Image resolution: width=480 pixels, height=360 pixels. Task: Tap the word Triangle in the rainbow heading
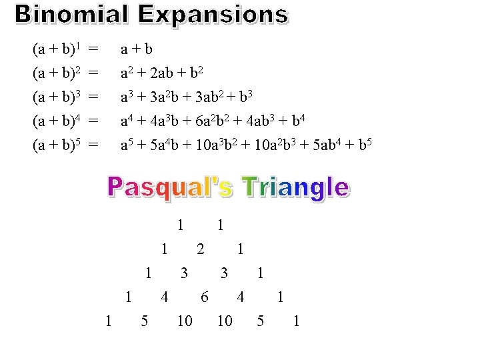(x=295, y=187)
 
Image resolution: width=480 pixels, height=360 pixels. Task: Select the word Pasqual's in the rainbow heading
(x=170, y=187)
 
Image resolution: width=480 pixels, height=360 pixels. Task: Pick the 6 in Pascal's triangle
(x=205, y=297)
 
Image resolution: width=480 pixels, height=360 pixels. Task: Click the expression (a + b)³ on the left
(x=57, y=97)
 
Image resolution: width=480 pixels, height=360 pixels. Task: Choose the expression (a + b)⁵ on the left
(x=57, y=145)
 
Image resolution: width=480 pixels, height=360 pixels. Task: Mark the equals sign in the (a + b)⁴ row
(x=94, y=121)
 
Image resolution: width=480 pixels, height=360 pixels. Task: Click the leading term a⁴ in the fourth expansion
(x=126, y=121)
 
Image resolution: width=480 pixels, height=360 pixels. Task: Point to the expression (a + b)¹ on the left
(x=57, y=49)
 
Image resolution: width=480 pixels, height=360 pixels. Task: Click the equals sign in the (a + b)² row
(x=94, y=73)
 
